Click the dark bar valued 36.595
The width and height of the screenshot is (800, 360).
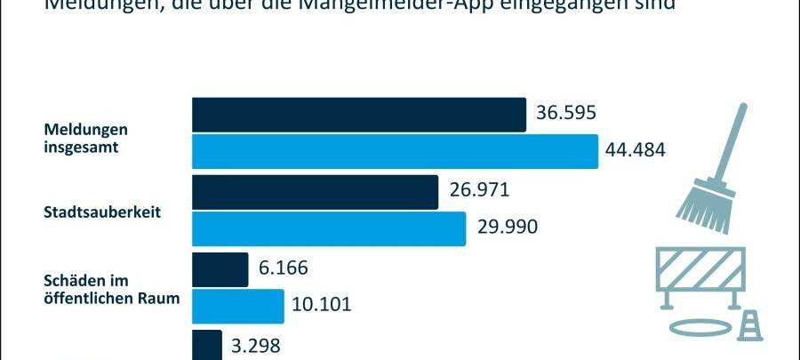click(359, 115)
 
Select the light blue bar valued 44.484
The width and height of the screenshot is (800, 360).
click(395, 151)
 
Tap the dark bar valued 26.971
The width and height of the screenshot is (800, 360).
click(315, 192)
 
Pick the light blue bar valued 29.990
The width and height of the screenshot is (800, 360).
click(329, 228)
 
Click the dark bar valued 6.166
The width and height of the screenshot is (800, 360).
click(220, 269)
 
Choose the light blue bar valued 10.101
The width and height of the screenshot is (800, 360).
click(237, 306)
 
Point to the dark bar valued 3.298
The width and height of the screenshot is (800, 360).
click(206, 345)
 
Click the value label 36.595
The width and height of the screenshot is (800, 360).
click(565, 114)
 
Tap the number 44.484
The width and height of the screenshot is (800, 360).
click(635, 149)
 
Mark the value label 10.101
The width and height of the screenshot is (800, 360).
click(322, 305)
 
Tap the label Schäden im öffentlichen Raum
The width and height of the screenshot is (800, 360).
click(112, 289)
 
